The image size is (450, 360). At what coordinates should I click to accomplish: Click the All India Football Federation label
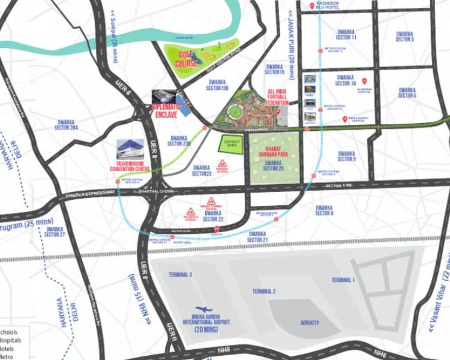click(x=277, y=97)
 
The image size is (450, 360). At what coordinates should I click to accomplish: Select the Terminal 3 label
click(x=180, y=275)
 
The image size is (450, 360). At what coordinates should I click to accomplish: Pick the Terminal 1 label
click(x=343, y=280)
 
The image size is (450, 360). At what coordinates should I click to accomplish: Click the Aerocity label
click(x=310, y=323)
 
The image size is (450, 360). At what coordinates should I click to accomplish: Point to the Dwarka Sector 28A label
click(x=66, y=125)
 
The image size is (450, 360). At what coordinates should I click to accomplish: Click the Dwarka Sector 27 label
click(x=55, y=232)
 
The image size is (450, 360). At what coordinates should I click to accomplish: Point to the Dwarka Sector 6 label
click(x=407, y=93)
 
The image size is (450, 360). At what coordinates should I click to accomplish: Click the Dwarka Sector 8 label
click(x=324, y=210)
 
